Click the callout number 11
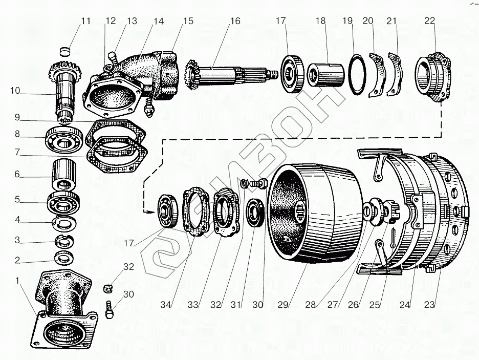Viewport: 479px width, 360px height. click(x=85, y=22)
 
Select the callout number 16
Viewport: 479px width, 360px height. click(x=235, y=22)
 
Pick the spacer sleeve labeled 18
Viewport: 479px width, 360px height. click(x=325, y=75)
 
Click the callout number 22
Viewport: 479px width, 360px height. click(x=429, y=21)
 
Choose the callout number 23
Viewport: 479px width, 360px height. click(x=429, y=305)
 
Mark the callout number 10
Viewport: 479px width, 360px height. click(x=15, y=91)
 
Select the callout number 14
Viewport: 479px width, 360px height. click(x=159, y=22)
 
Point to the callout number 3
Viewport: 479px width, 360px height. click(x=17, y=240)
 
